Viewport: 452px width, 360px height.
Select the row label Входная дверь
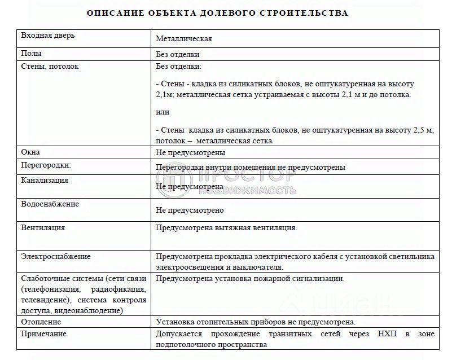[x=47, y=36]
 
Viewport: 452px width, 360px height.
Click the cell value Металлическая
[x=183, y=39]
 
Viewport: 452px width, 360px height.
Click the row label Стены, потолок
[x=50, y=67]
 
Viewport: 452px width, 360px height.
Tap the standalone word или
[x=162, y=112]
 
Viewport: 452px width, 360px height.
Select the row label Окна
[x=30, y=152]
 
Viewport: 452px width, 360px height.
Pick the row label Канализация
[x=45, y=181]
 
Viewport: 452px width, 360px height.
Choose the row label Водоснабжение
[x=50, y=204]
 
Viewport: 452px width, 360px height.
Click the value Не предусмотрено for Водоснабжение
[x=190, y=210]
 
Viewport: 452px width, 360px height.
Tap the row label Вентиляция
[x=43, y=228]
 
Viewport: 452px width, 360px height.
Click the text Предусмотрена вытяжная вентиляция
[x=226, y=228]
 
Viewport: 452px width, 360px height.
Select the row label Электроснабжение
[x=55, y=257]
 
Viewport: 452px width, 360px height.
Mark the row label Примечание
[x=43, y=334]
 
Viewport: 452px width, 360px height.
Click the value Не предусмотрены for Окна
[x=191, y=152]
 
